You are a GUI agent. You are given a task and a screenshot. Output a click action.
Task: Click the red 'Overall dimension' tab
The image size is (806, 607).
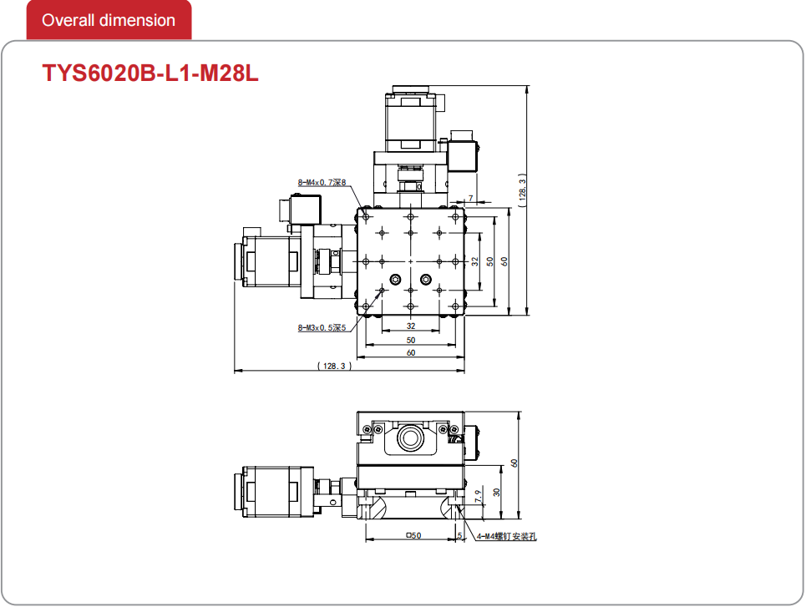click(109, 20)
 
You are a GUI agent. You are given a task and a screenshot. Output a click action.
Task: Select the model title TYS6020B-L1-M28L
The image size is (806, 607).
click(150, 73)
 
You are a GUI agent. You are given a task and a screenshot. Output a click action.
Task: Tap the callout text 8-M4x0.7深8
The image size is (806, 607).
click(322, 183)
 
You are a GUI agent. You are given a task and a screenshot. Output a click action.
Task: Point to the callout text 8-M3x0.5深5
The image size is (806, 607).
click(322, 327)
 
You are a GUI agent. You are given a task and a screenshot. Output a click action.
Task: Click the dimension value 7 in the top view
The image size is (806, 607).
click(470, 199)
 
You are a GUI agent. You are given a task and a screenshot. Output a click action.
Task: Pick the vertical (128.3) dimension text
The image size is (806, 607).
click(522, 190)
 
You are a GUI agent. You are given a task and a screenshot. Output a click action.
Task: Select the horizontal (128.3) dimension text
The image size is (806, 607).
click(335, 366)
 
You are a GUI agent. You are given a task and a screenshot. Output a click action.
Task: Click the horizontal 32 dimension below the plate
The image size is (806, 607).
click(411, 326)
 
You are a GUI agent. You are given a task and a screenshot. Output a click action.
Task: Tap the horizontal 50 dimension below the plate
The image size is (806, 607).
click(411, 341)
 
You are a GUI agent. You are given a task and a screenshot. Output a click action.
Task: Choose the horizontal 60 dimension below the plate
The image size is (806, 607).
click(411, 353)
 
